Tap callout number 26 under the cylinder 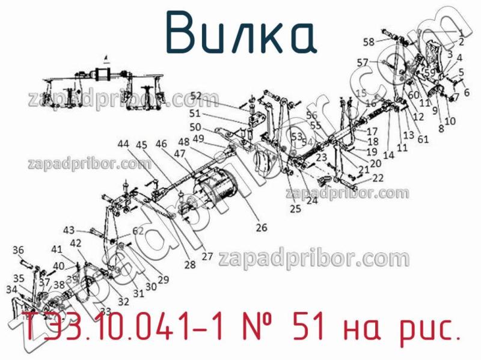261,228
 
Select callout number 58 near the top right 368,41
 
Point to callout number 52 195,95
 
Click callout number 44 123,144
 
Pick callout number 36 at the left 18,250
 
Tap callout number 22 378,177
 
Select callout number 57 362,62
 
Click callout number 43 69,230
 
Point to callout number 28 190,264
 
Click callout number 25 295,209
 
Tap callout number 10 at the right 450,121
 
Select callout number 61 423,139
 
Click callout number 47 180,154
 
